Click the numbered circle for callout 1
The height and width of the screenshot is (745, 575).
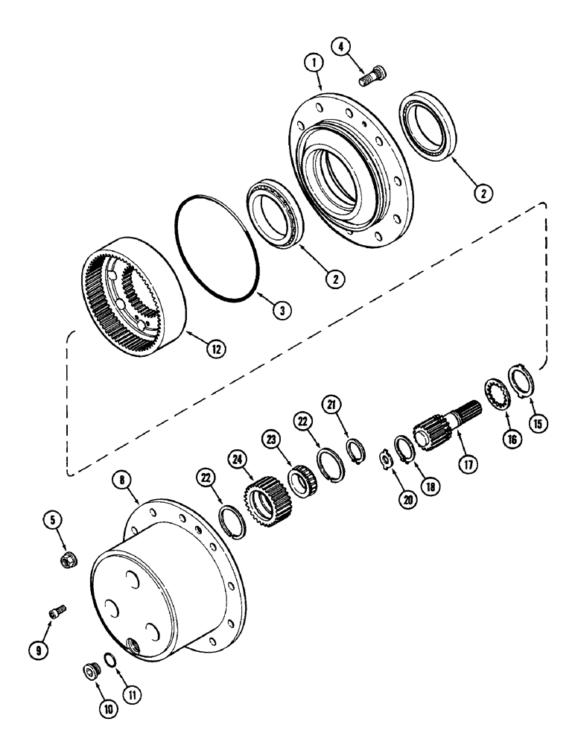pyautogui.click(x=315, y=65)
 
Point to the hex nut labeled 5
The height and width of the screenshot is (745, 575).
pyautogui.click(x=67, y=559)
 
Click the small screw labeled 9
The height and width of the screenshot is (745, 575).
pyautogui.click(x=57, y=612)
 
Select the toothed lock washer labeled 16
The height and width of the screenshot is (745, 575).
pyautogui.click(x=498, y=393)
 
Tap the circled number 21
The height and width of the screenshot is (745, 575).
pyautogui.click(x=331, y=404)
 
